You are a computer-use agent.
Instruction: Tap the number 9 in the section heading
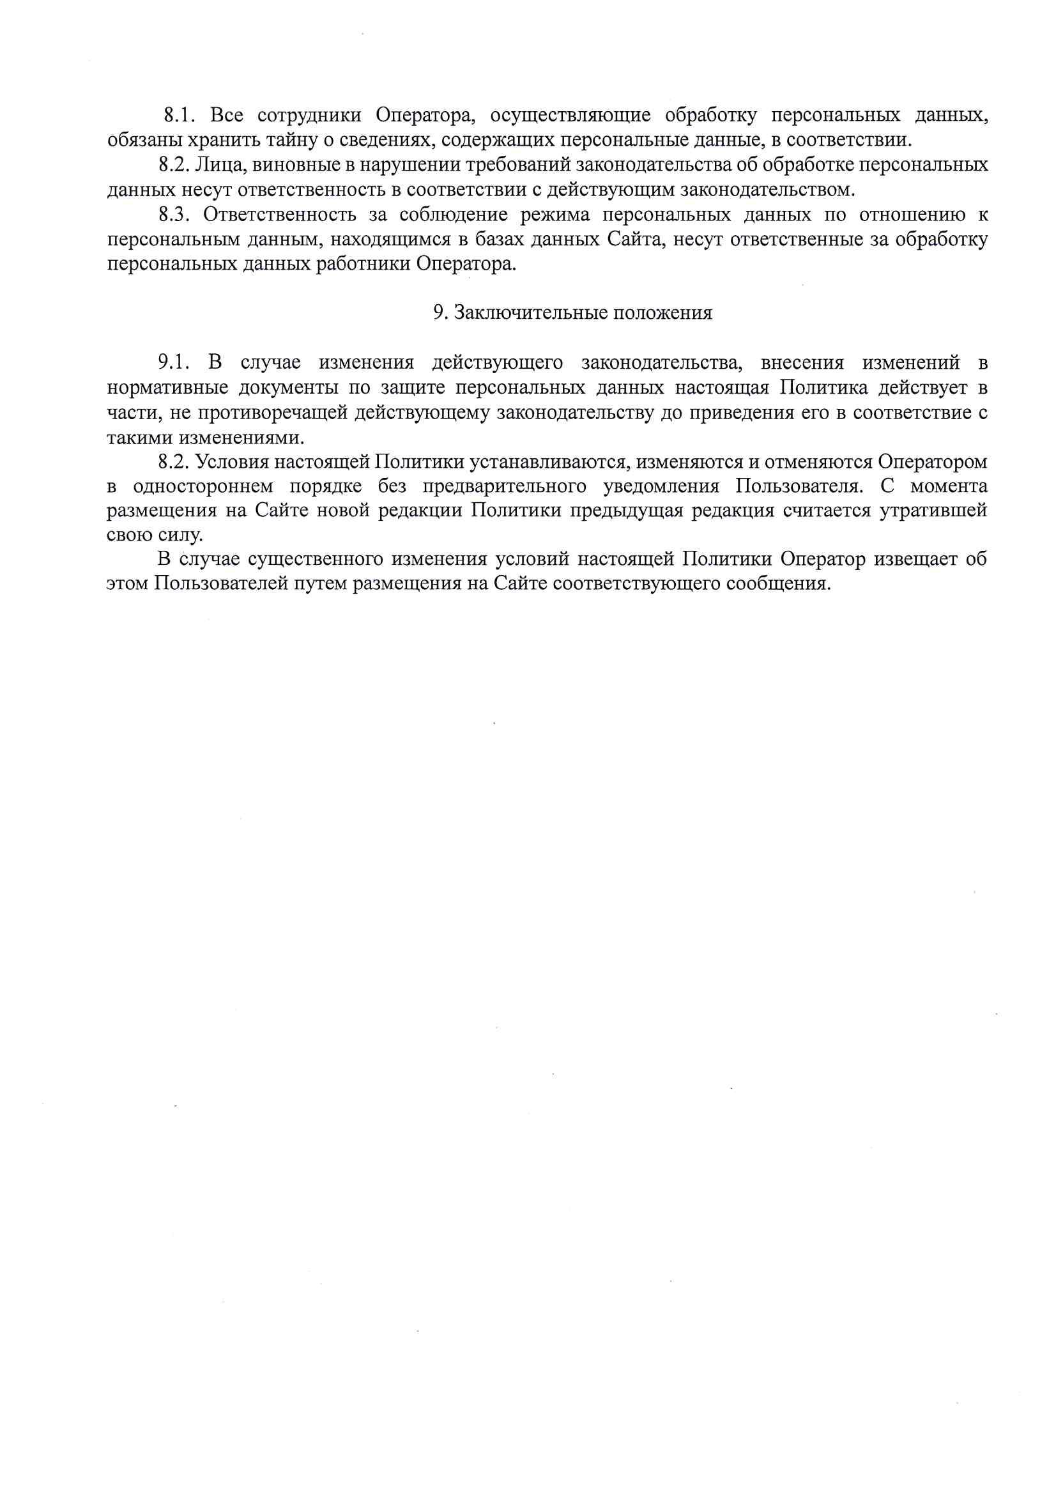point(438,314)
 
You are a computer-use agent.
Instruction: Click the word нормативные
point(168,388)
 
